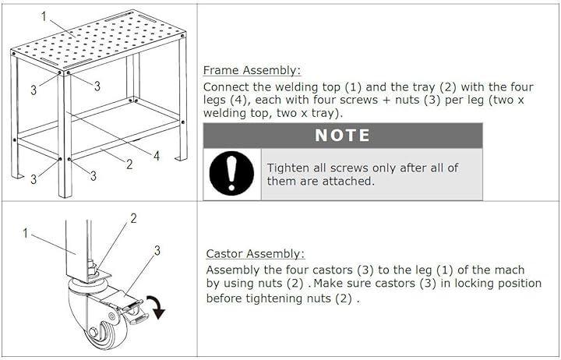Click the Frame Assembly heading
click(x=252, y=70)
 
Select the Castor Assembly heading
click(x=256, y=254)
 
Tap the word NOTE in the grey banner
click(x=342, y=136)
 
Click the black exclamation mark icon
click(x=231, y=173)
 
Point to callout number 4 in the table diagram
click(x=157, y=156)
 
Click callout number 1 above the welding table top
click(x=44, y=16)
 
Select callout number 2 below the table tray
click(x=129, y=164)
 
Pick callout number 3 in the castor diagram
click(x=157, y=250)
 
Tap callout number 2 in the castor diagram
click(x=133, y=218)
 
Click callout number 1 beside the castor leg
click(x=25, y=233)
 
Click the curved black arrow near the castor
click(x=157, y=307)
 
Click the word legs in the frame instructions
click(x=215, y=101)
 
